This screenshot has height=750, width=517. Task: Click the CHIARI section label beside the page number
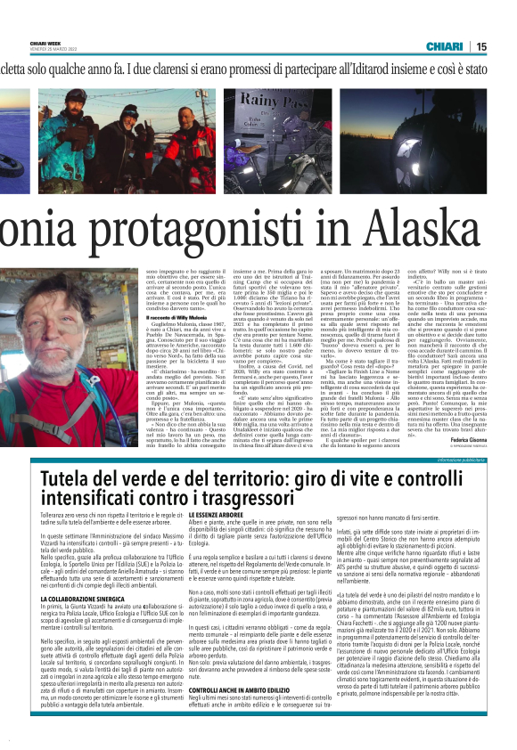pos(445,45)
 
